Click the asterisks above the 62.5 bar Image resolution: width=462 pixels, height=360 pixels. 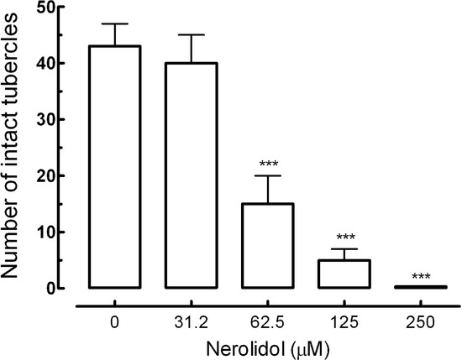point(270,164)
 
